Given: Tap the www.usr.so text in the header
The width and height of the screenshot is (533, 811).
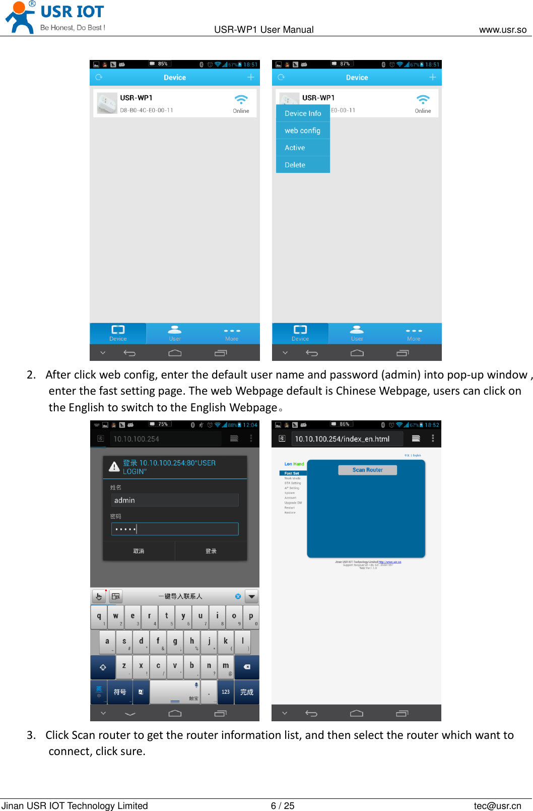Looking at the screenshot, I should [502, 30].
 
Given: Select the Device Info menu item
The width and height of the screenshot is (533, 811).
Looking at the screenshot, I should [303, 113].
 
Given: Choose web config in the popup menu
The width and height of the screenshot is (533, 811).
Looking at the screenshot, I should [303, 131].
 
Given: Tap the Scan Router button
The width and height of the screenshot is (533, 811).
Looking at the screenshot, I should [367, 470].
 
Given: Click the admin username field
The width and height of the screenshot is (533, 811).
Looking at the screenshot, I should [174, 500].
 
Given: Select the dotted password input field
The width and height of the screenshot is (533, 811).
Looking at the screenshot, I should [174, 529].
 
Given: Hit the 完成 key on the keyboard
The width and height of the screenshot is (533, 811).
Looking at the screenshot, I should [247, 692].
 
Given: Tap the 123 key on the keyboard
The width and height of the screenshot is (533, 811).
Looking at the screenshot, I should [226, 692].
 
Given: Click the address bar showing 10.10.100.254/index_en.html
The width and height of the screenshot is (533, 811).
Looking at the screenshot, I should [347, 439].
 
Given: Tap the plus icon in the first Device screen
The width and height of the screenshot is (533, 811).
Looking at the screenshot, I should [250, 77].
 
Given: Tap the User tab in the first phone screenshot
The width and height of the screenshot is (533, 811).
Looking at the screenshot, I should [175, 333].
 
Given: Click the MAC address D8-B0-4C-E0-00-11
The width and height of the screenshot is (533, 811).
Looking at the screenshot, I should [147, 110].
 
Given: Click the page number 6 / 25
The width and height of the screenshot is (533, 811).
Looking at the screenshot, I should [282, 805].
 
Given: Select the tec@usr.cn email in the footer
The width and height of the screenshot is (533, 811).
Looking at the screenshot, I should [497, 805].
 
